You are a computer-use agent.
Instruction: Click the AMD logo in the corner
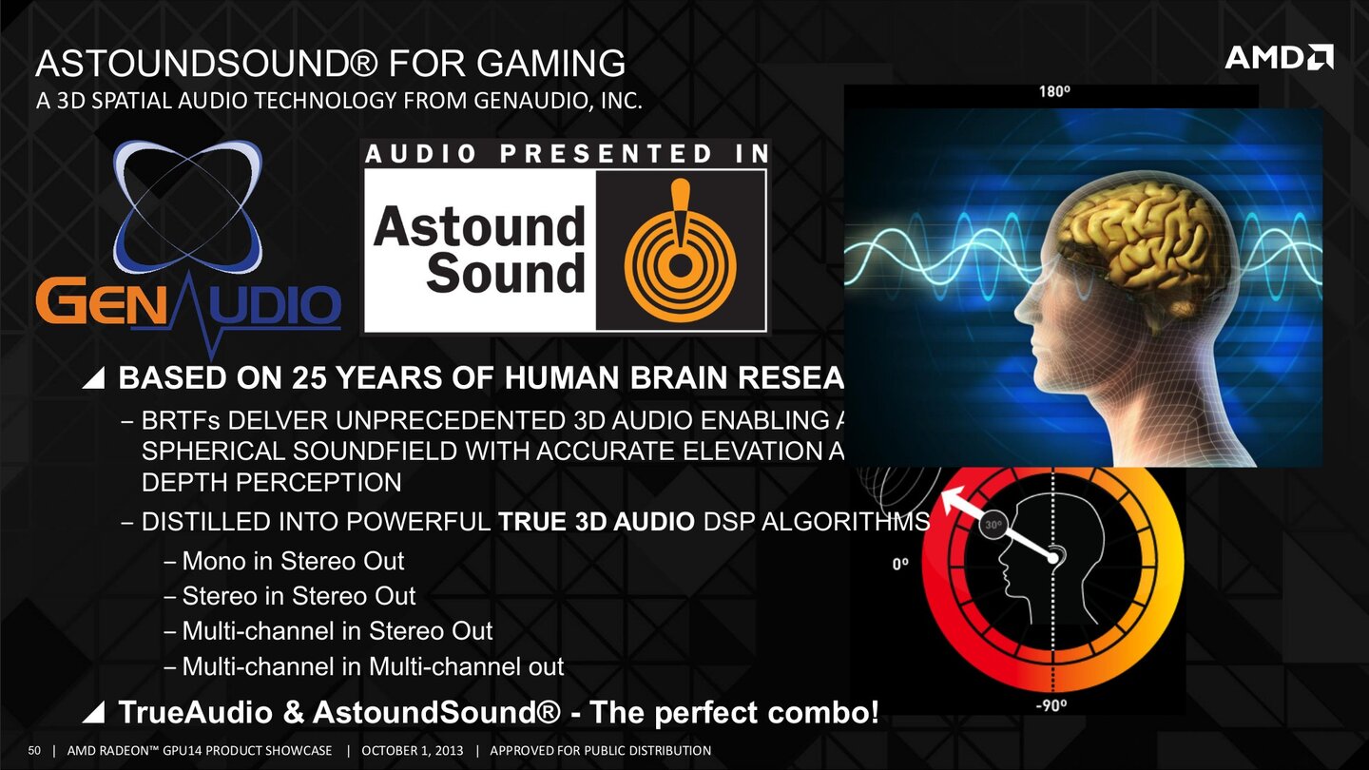(1279, 57)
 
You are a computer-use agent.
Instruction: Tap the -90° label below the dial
(1051, 703)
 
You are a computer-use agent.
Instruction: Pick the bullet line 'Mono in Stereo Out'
(293, 561)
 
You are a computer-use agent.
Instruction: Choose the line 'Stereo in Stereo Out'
(299, 596)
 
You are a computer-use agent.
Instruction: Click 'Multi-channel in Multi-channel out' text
(373, 666)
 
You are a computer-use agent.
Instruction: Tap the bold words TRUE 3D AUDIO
(596, 522)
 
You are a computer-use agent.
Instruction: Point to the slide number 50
(37, 751)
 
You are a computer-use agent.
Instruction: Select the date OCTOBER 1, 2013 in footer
(413, 751)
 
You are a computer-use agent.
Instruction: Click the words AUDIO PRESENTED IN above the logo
(567, 154)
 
